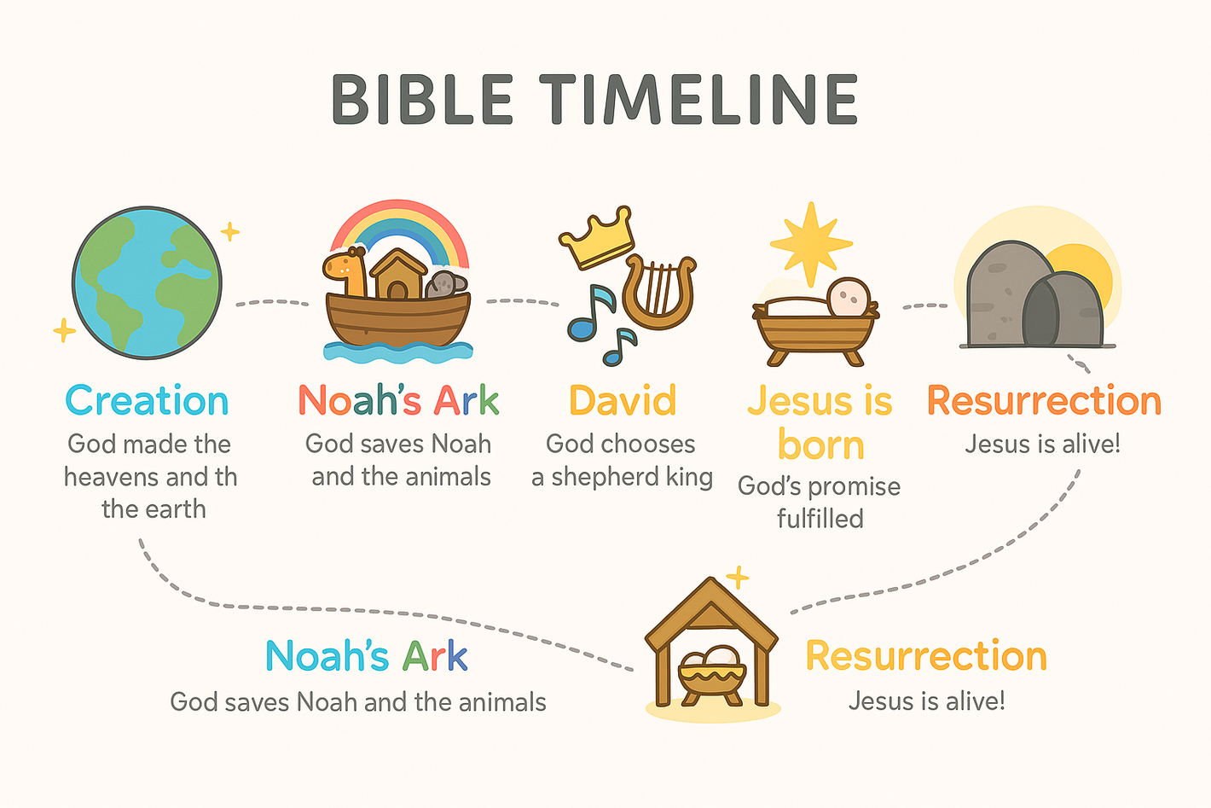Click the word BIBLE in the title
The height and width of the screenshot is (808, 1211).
tap(421, 100)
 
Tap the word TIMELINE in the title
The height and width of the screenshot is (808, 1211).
tap(698, 100)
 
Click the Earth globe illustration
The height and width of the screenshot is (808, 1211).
tap(147, 282)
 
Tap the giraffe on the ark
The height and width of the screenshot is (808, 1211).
tap(345, 270)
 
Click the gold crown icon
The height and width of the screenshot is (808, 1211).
tap(597, 237)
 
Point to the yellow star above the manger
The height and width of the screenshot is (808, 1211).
tap(811, 243)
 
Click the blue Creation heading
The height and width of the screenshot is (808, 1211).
tap(147, 400)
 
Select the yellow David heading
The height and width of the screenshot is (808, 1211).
tap(623, 400)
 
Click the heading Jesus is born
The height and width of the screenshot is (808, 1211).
tap(820, 423)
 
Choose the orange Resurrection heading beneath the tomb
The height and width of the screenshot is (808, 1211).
tap(1045, 400)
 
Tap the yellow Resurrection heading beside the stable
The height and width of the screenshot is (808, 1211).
tap(926, 655)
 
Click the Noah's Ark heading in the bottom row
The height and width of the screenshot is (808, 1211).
tap(367, 655)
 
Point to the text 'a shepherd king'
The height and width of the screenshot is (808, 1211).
tap(622, 477)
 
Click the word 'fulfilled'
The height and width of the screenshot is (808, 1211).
tap(820, 518)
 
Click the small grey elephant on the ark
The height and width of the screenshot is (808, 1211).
tap(447, 284)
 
